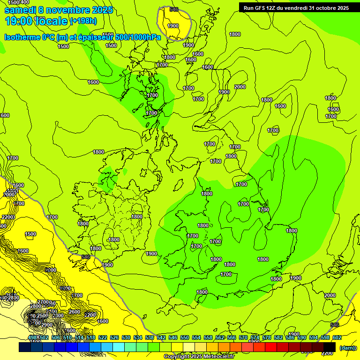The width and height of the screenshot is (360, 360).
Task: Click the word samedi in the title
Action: (23, 10)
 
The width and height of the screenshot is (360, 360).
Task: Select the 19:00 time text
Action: (18, 21)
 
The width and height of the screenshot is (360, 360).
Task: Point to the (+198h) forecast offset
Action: (83, 21)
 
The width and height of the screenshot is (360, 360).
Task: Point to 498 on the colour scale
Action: (32, 337)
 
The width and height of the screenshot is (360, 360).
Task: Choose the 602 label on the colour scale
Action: (337, 337)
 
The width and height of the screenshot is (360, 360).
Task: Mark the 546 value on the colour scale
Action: (173, 337)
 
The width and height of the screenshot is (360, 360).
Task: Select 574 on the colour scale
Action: (255, 337)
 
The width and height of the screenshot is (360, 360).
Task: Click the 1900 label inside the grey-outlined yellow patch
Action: (173, 26)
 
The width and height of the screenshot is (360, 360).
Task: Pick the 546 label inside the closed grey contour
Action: (174, 9)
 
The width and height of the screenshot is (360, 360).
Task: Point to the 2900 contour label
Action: (46, 325)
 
